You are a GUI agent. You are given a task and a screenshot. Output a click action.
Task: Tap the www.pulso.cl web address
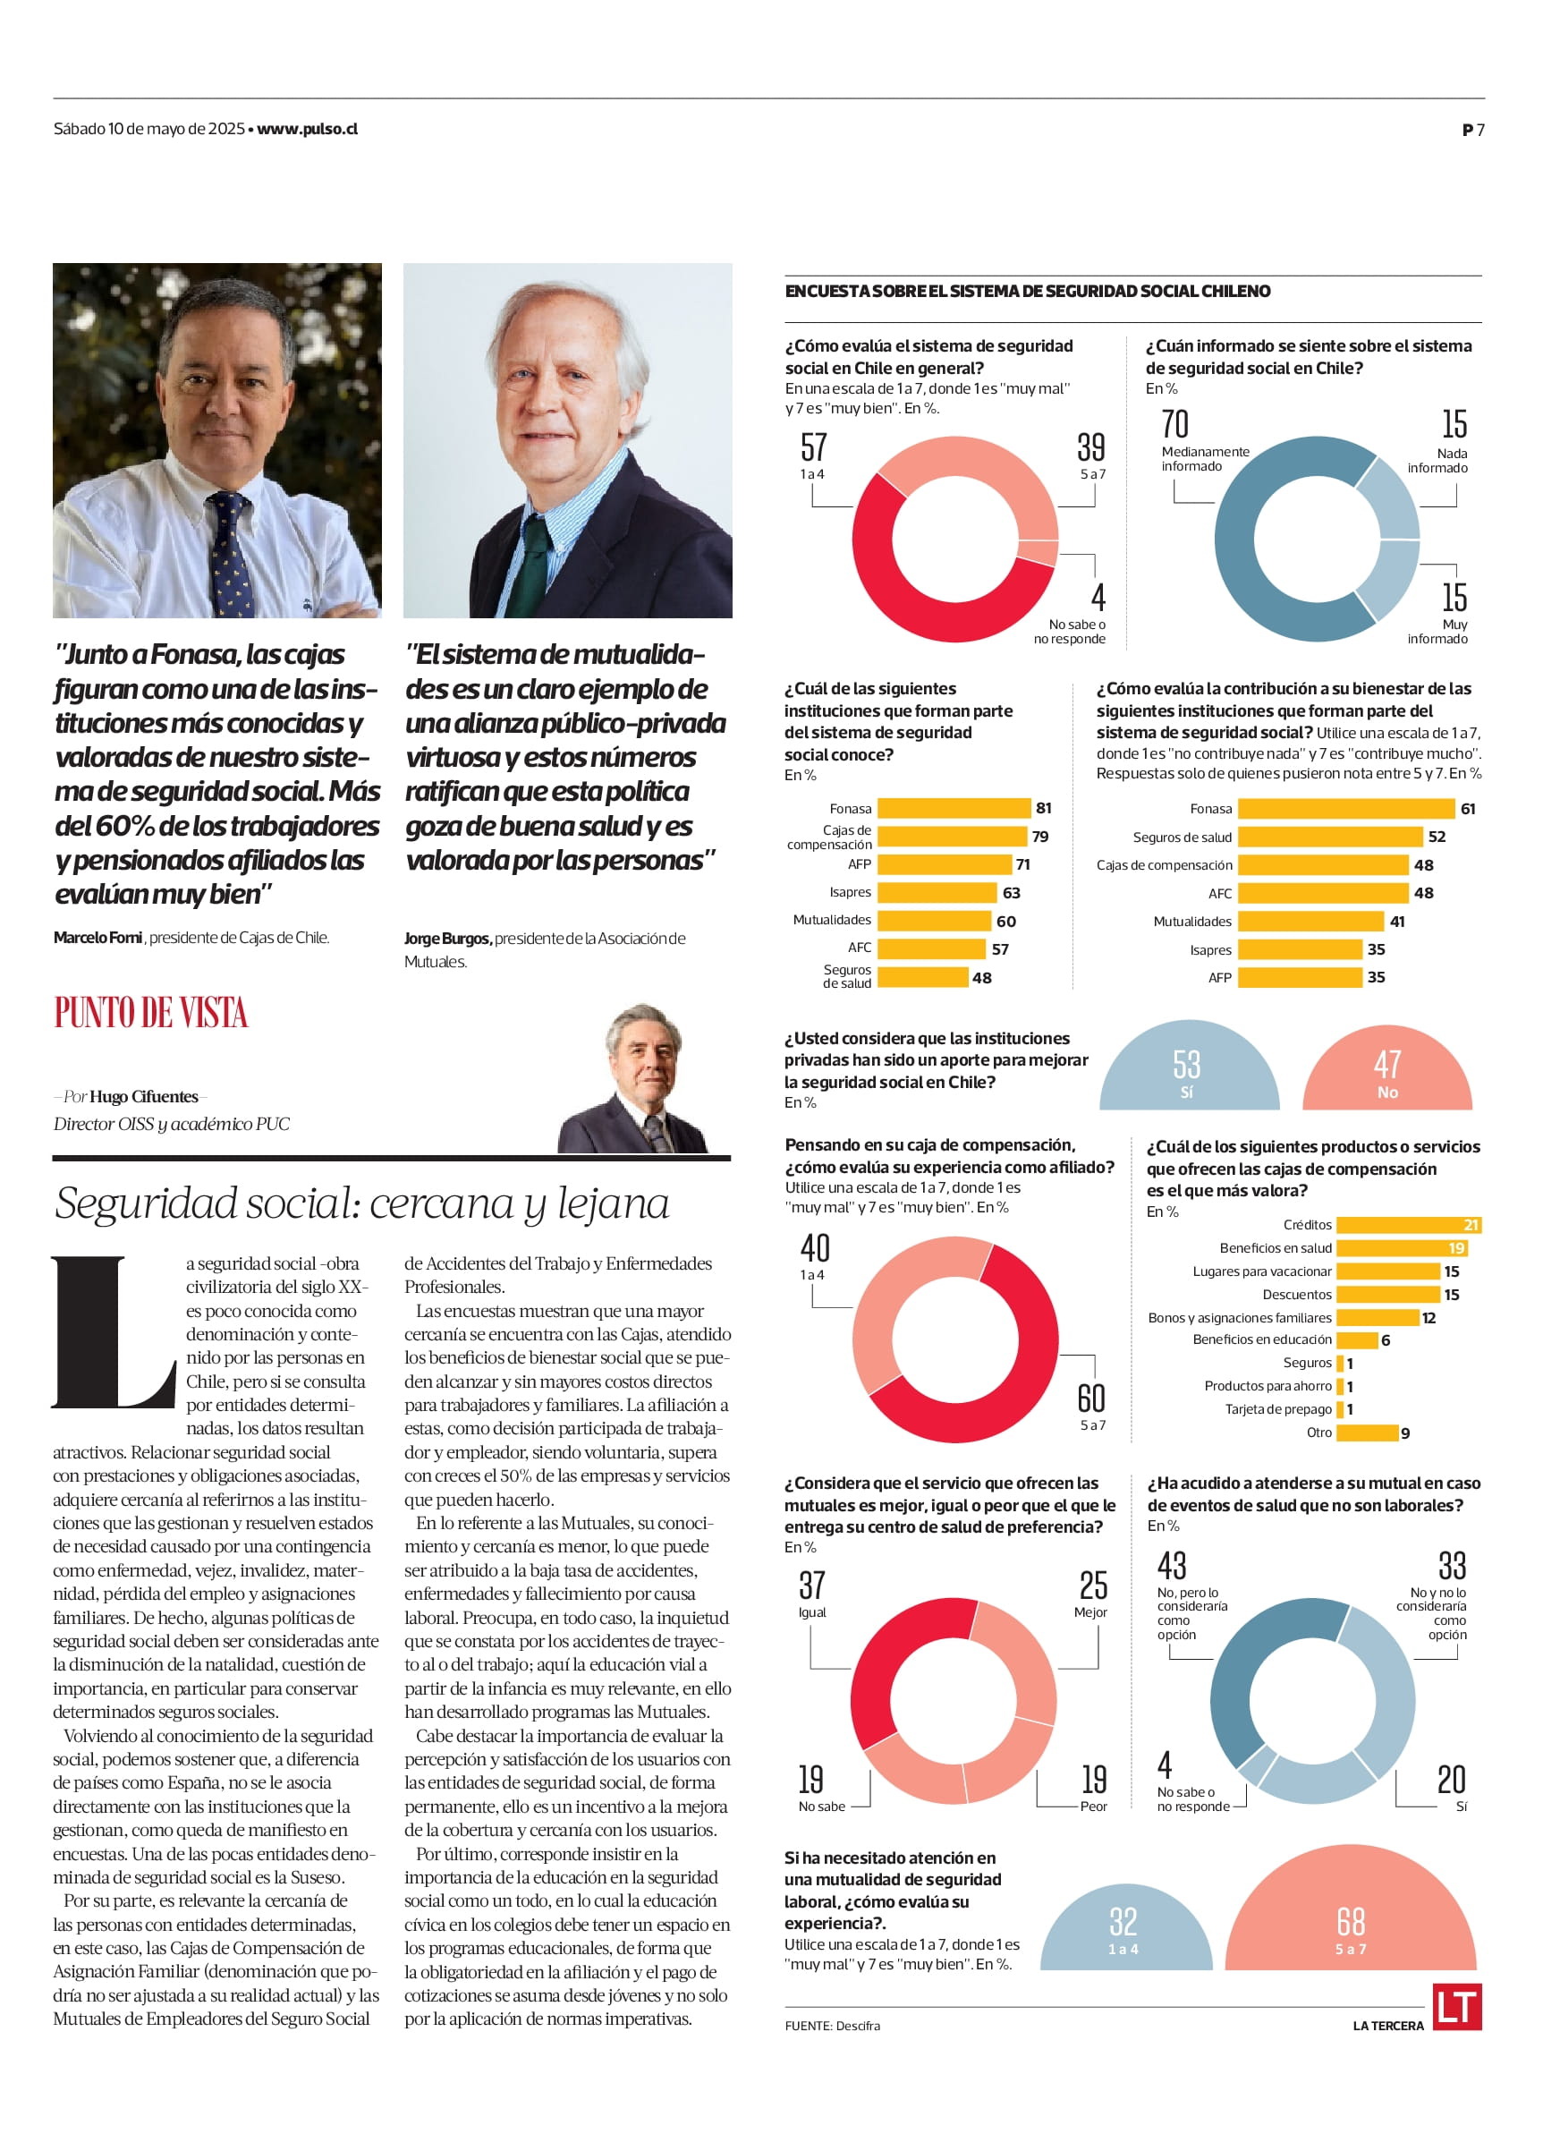308,129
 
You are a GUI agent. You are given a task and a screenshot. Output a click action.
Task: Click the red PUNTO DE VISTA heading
150,1013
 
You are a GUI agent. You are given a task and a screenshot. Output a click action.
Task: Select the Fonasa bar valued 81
954,808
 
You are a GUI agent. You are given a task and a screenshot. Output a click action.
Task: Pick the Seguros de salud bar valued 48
922,978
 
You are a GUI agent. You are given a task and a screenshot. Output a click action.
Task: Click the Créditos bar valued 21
1409,1224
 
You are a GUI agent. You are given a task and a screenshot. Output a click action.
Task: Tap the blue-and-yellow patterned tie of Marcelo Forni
228,555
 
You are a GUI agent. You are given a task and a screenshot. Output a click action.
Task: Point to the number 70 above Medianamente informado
1175,424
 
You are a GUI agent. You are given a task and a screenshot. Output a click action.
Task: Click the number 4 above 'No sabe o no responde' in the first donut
1098,598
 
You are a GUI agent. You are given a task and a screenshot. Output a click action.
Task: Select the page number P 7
1472,130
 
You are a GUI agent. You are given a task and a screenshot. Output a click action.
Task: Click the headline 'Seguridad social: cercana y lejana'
362,1203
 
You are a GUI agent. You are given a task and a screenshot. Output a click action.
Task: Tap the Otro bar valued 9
1366,1433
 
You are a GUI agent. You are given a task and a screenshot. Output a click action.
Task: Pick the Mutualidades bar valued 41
1310,922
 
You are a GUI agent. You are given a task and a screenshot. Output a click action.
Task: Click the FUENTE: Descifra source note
833,2025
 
